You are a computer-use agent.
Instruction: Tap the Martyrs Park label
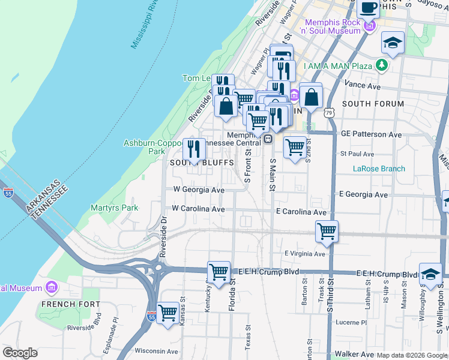point(115,208)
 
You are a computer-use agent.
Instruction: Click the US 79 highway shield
point(328,113)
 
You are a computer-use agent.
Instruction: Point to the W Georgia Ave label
point(199,190)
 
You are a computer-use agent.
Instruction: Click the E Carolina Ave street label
point(301,212)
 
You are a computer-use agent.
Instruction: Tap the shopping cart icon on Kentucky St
point(218,272)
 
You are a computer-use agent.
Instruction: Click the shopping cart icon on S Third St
point(327,232)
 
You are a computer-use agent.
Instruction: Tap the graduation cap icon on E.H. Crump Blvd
point(430,274)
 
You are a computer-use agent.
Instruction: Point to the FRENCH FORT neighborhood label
point(71,304)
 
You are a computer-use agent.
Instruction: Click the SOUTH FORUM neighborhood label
point(373,104)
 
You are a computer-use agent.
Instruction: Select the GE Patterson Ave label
point(371,134)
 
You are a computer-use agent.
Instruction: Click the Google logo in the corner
point(20,353)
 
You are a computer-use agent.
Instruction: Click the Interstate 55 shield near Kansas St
point(151,315)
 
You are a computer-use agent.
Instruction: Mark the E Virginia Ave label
point(305,254)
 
